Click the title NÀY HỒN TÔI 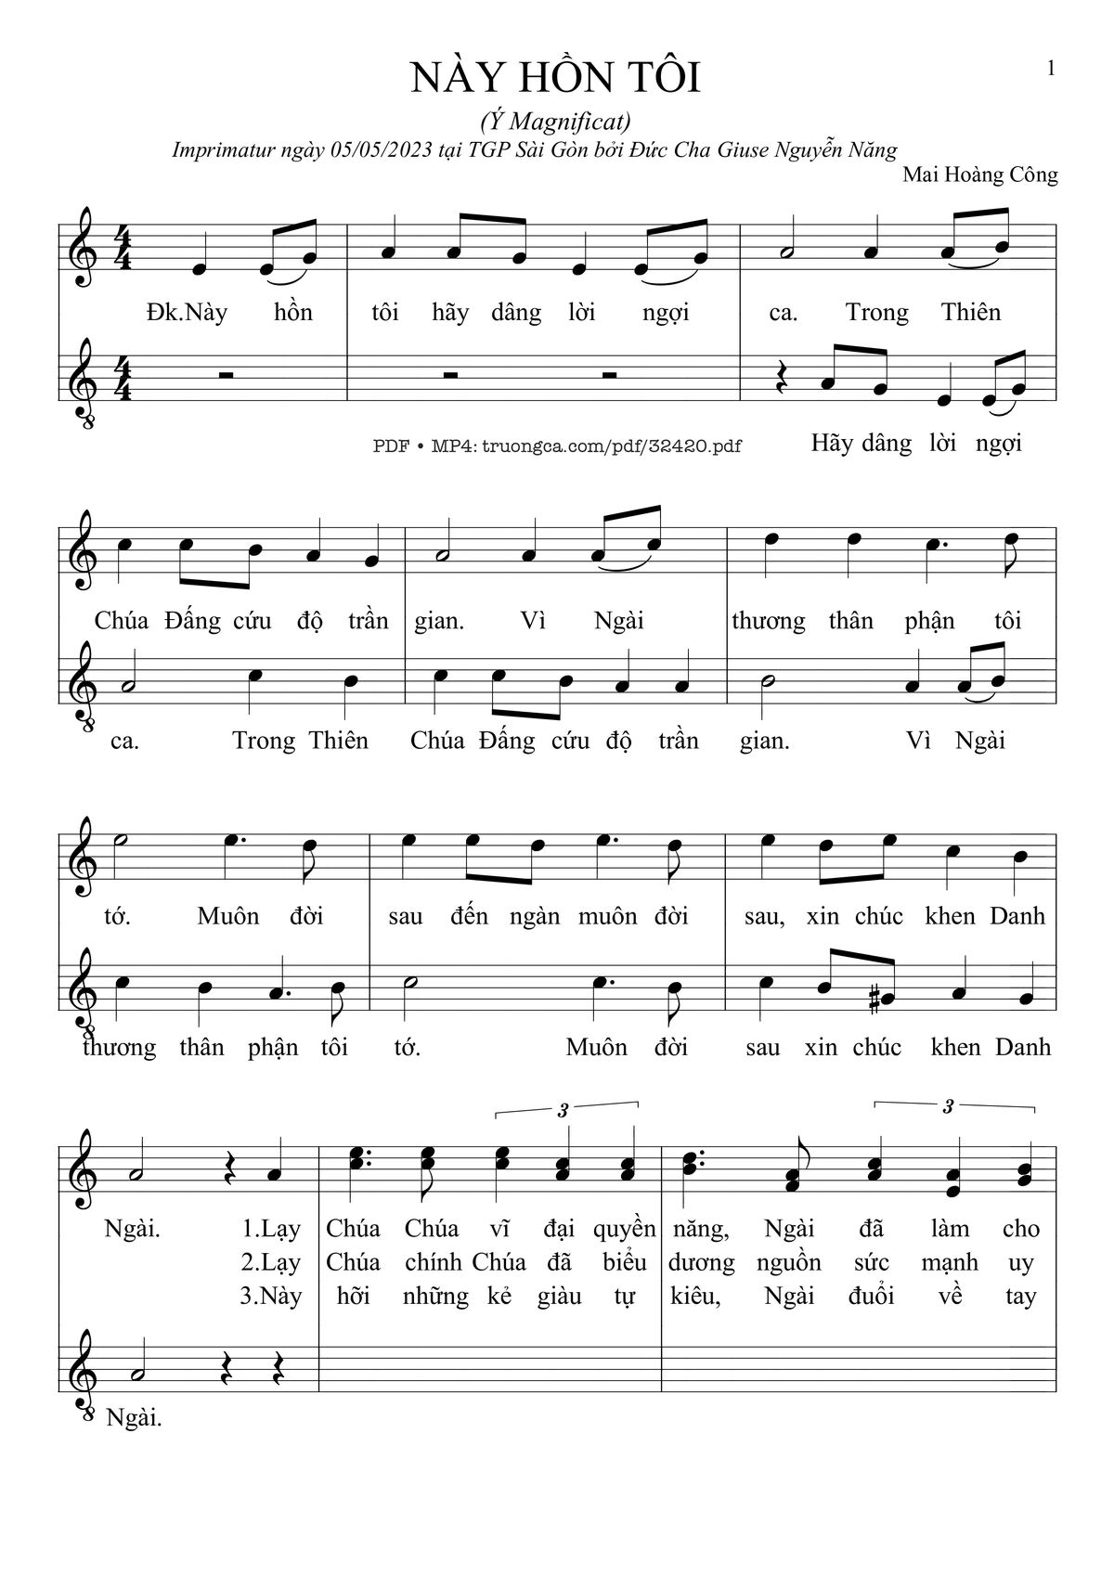[555, 78]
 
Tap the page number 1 [1051, 68]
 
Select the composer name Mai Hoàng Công [979, 174]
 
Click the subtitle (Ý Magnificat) [555, 121]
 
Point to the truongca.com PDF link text [557, 445]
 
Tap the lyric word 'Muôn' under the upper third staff [228, 916]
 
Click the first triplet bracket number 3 [563, 1109]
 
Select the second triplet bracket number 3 [947, 1106]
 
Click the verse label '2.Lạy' [270, 1262]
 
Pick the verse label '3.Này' [270, 1296]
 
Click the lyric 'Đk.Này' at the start [187, 313]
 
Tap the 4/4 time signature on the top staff [121, 247]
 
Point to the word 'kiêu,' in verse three [695, 1296]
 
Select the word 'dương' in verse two [701, 1262]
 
